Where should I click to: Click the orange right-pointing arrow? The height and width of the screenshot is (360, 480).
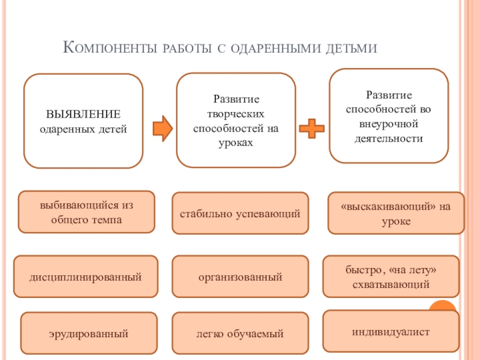pos(163,128)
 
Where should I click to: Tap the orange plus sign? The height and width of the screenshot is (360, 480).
pos(311,128)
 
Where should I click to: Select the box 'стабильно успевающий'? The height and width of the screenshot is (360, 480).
pos(240,213)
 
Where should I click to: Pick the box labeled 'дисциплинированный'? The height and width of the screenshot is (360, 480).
pos(86,277)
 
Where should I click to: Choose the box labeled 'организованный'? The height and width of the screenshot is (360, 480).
pos(240,277)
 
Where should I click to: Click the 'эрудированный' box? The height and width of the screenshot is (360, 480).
pos(88,332)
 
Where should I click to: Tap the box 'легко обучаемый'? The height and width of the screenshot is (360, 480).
pos(240,333)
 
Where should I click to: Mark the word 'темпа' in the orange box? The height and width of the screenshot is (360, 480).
pos(108,220)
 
